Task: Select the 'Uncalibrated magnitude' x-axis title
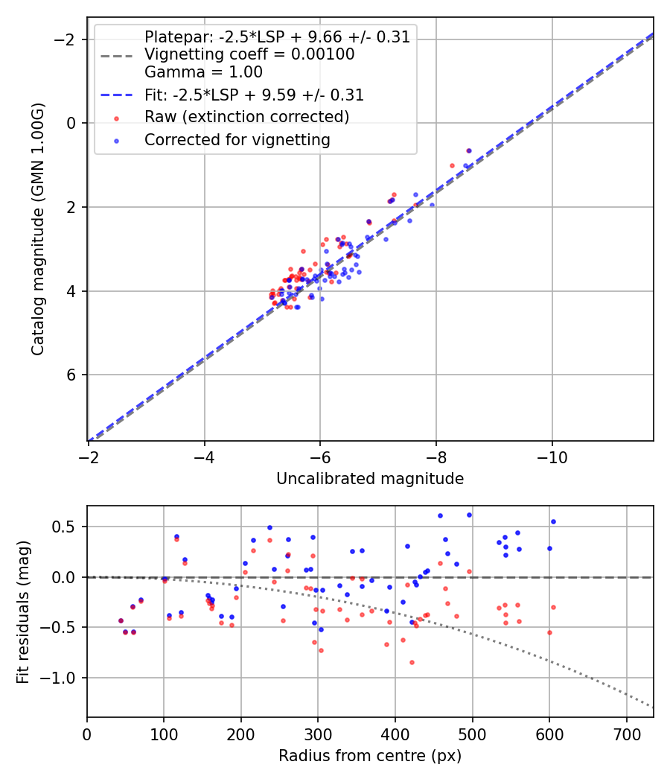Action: tap(370, 479)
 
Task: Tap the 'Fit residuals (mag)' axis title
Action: tap(24, 611)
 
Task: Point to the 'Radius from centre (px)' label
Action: tap(370, 756)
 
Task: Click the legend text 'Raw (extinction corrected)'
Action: tap(246, 117)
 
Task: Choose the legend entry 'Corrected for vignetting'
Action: tap(237, 139)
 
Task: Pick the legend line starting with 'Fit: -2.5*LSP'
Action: tap(254, 95)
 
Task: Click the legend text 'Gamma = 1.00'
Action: tap(203, 73)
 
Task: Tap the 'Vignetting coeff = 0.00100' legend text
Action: tap(249, 54)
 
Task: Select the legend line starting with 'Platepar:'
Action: tap(277, 37)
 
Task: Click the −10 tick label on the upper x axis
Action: tap(552, 456)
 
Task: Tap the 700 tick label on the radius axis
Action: tap(626, 733)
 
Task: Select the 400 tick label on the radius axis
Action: tap(395, 733)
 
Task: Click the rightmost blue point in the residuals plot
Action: tap(553, 521)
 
